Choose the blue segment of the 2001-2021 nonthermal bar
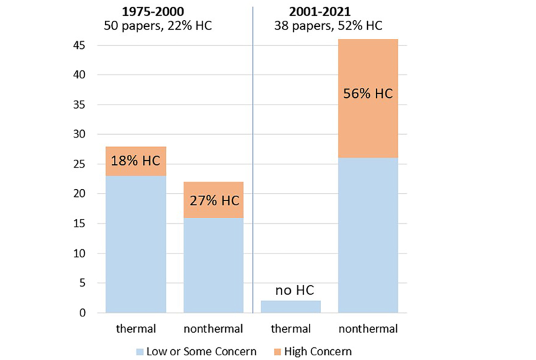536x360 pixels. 368,235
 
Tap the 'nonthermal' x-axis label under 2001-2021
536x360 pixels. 368,328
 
